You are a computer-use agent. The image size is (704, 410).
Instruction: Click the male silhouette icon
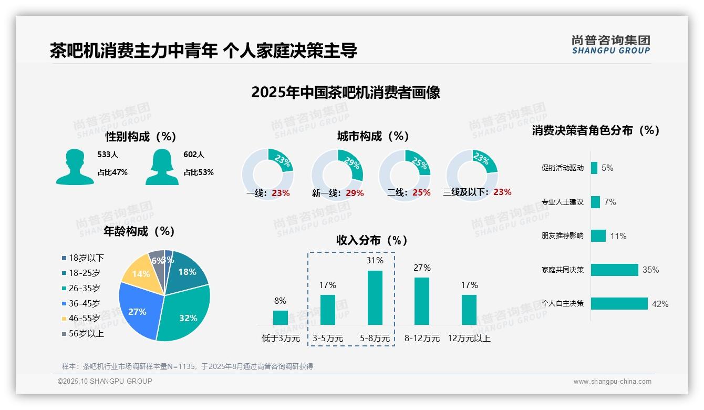(x=75, y=167)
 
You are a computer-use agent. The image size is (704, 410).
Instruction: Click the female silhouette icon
(x=162, y=167)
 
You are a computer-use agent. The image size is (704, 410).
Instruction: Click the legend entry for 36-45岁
(x=84, y=303)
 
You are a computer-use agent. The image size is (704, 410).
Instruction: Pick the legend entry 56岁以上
(x=86, y=334)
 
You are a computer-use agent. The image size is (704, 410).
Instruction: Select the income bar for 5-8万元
(x=375, y=298)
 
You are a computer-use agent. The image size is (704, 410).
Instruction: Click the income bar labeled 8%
(x=281, y=317)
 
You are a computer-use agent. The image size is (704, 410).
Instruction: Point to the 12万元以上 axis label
(x=469, y=339)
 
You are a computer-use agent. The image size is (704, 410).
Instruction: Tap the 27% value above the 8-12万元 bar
(x=422, y=268)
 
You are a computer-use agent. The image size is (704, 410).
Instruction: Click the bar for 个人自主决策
(x=619, y=304)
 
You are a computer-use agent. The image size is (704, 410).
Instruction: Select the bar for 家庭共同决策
(x=615, y=270)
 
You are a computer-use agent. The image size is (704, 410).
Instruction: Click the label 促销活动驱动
(x=562, y=168)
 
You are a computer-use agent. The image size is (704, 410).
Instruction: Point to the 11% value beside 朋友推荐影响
(x=618, y=237)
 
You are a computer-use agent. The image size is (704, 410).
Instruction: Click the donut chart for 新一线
(x=337, y=175)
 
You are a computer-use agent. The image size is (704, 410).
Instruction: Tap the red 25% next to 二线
(x=421, y=193)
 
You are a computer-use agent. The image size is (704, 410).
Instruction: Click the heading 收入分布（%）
(x=372, y=241)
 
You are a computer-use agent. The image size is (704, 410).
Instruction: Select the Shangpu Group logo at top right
(x=611, y=45)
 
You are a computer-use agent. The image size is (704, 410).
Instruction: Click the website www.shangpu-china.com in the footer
(x=612, y=382)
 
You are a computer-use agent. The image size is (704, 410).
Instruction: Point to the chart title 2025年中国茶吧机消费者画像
(x=346, y=93)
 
